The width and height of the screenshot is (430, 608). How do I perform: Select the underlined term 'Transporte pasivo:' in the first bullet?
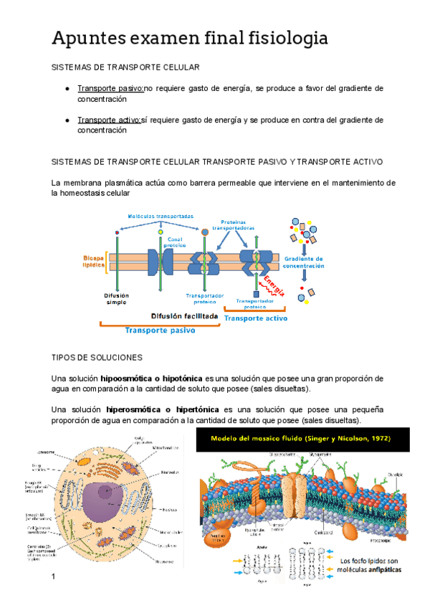point(110,88)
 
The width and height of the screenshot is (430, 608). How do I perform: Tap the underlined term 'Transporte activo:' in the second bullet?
point(110,120)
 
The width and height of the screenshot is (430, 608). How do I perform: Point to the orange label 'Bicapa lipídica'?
point(94,260)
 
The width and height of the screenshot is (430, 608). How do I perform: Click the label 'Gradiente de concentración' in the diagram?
point(304,262)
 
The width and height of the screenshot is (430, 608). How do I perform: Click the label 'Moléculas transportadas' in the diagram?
point(161,215)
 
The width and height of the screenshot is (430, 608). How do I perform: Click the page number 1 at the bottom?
point(53,577)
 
